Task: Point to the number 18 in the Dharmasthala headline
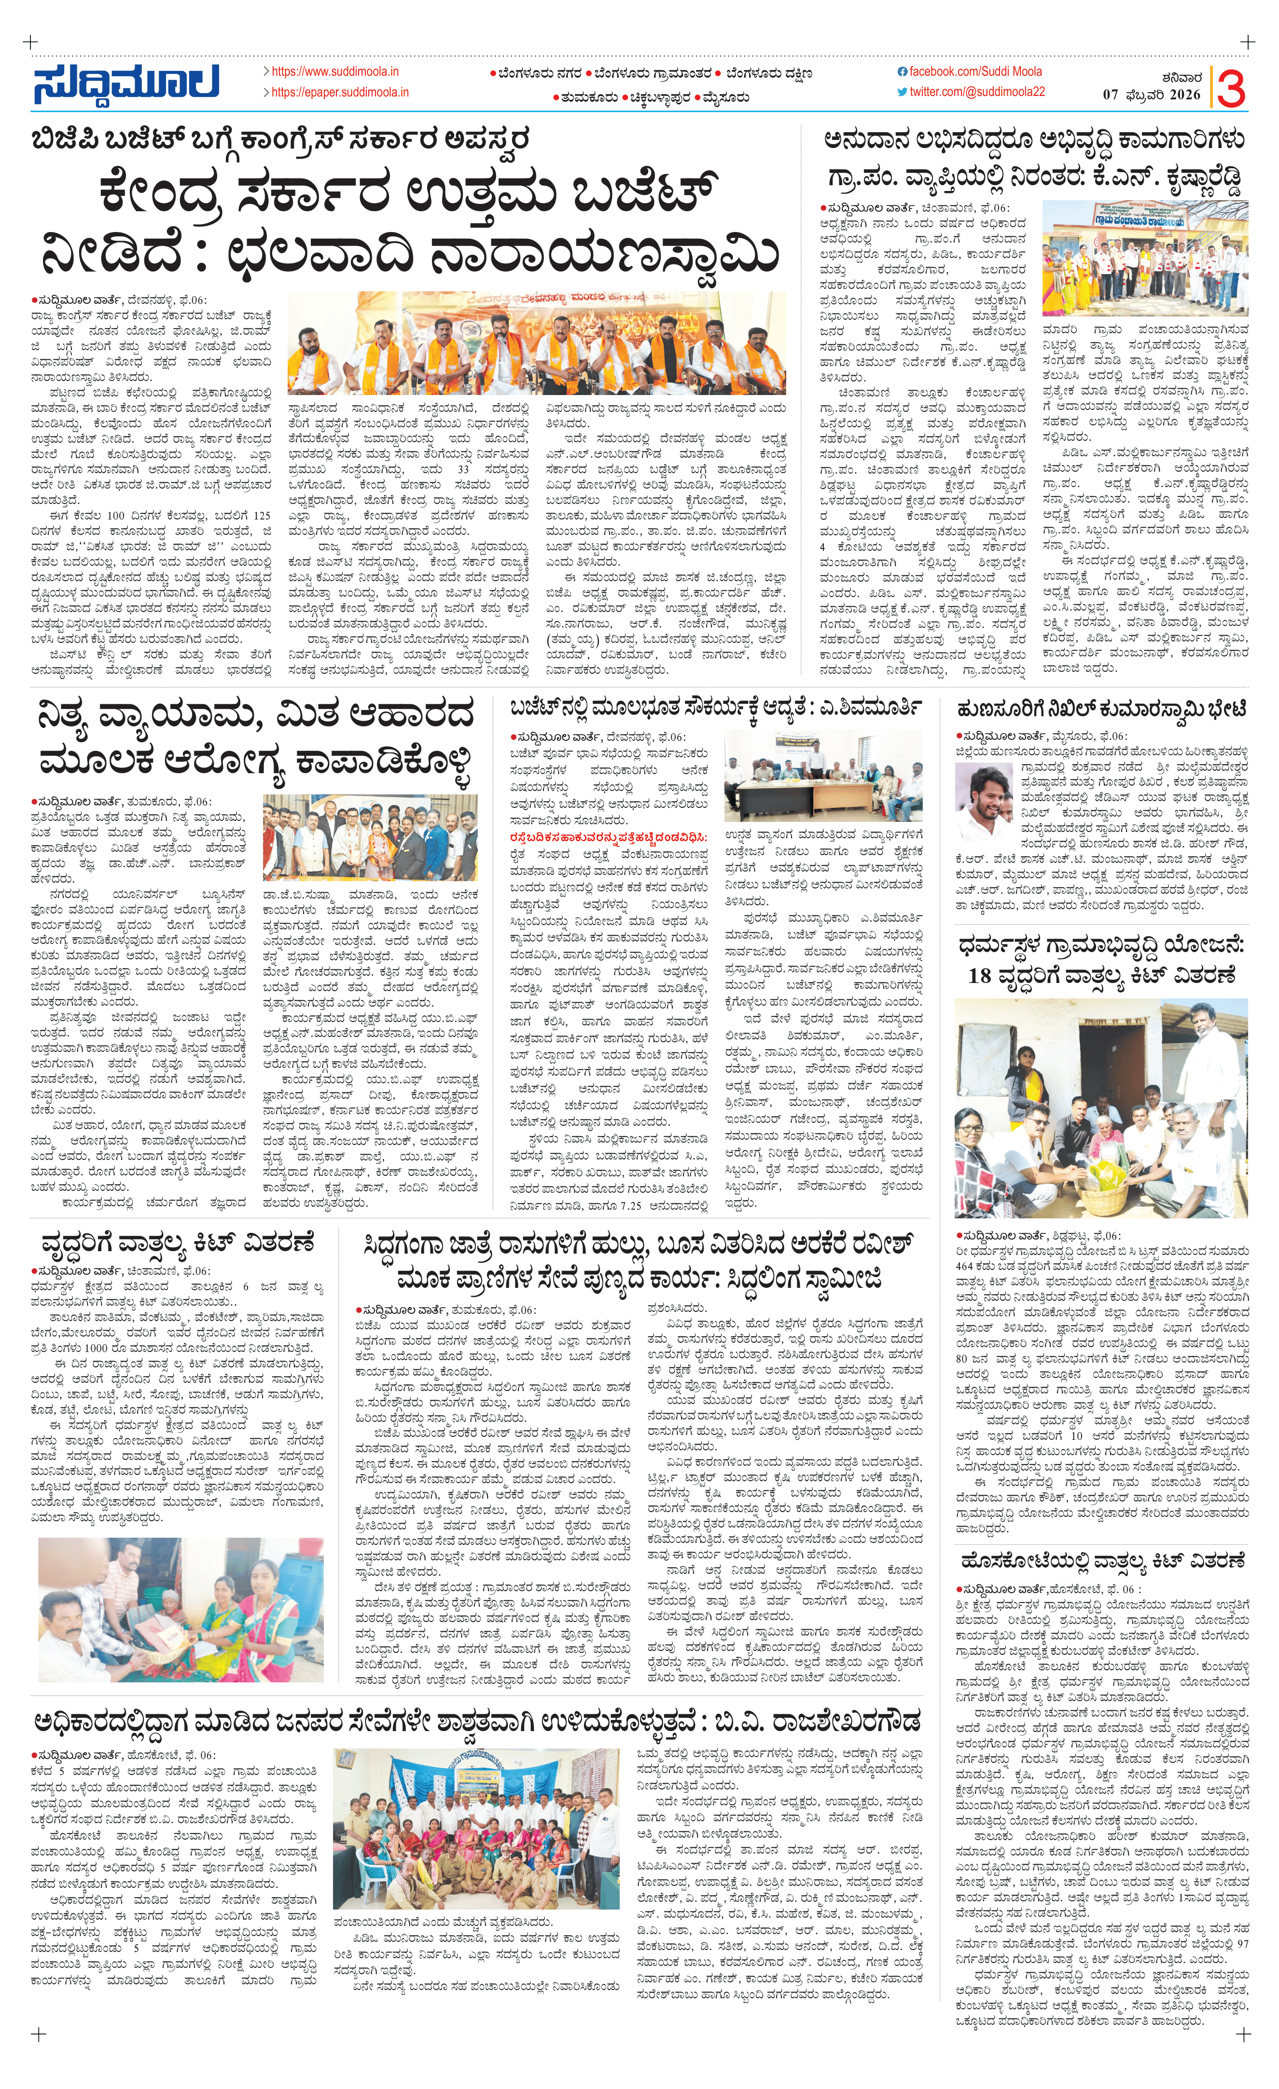click(980, 976)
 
